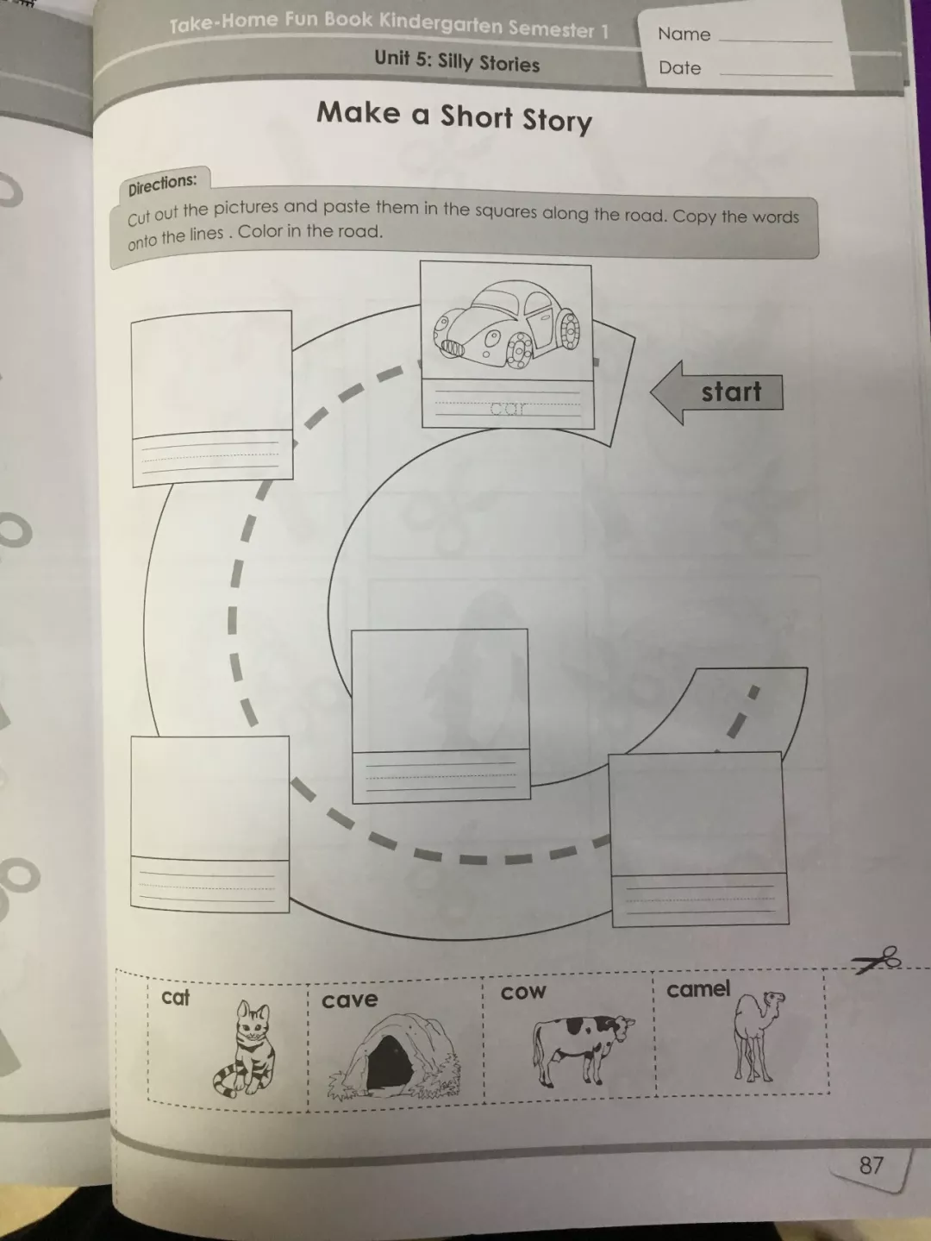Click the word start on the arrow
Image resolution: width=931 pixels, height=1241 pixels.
[x=731, y=392]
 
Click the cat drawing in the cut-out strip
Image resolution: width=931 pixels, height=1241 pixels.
[x=245, y=1049]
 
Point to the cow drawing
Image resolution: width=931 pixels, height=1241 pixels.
[x=583, y=1050]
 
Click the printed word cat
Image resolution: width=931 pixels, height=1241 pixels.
[x=175, y=998]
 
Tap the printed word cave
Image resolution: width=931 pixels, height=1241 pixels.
[x=350, y=1000]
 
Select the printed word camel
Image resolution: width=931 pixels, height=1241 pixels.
[x=698, y=989]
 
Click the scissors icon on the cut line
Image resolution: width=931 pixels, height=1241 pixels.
[x=877, y=960]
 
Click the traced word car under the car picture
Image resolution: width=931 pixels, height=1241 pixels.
[x=507, y=407]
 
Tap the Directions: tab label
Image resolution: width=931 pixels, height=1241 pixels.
[x=162, y=185]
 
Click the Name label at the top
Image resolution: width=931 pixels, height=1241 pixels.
[x=684, y=34]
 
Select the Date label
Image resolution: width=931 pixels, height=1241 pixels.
[x=679, y=68]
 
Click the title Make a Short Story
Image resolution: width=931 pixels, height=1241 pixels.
[x=453, y=117]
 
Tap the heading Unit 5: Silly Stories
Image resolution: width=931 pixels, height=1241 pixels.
[x=457, y=61]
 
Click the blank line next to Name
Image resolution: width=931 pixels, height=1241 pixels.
[x=776, y=41]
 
